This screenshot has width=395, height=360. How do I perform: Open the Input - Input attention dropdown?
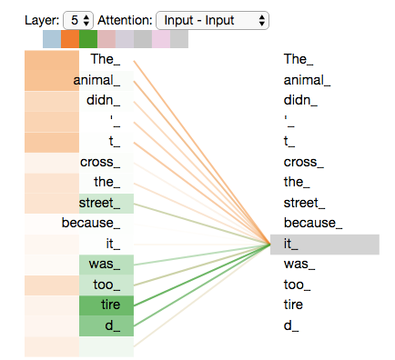click(212, 19)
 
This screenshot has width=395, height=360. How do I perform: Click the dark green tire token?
click(110, 305)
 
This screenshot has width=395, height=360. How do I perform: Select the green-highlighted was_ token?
click(106, 264)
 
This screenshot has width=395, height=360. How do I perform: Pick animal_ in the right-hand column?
click(307, 80)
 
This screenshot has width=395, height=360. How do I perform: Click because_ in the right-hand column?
click(312, 223)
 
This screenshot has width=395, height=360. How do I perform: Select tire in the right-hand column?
click(294, 305)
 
